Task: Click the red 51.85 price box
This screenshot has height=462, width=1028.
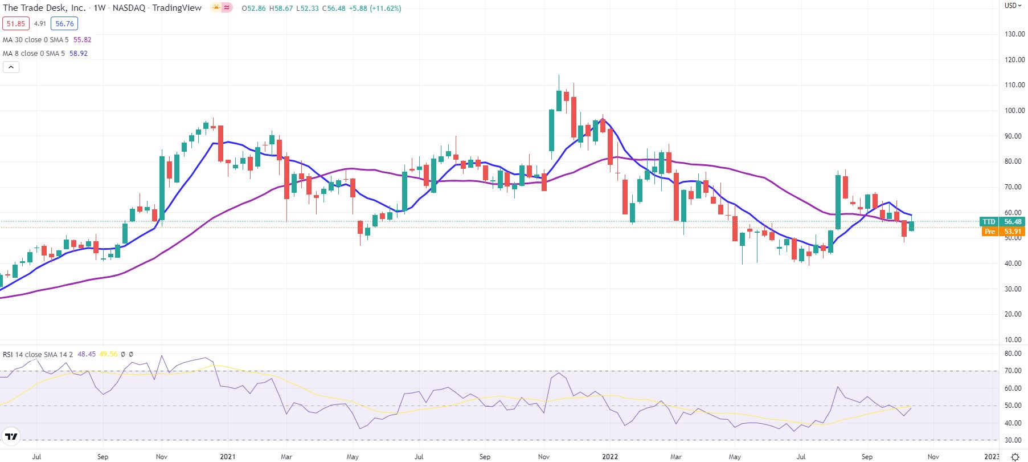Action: coord(15,23)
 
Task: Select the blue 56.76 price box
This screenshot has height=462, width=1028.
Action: coord(64,23)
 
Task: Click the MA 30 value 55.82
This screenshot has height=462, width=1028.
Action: coord(82,40)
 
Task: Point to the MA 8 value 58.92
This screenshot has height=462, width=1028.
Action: coord(79,54)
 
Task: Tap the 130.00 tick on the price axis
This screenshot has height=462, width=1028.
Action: coord(1014,34)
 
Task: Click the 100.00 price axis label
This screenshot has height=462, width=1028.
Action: coord(1014,111)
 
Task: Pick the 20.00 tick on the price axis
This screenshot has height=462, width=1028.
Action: coord(1014,314)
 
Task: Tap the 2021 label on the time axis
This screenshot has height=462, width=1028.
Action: coord(228,457)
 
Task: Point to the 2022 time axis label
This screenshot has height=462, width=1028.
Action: coord(610,457)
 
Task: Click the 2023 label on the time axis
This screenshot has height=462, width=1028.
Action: coord(992,457)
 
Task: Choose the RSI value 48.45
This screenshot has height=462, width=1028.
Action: coord(87,354)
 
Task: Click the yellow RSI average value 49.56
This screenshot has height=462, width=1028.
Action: coord(108,354)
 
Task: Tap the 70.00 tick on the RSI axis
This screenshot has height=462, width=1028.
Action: coord(1013,371)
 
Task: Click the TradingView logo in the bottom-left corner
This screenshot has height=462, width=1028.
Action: coord(11,437)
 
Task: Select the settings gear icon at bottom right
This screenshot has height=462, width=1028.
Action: coord(1015,457)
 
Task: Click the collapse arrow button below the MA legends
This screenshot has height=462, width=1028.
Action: coord(11,67)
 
